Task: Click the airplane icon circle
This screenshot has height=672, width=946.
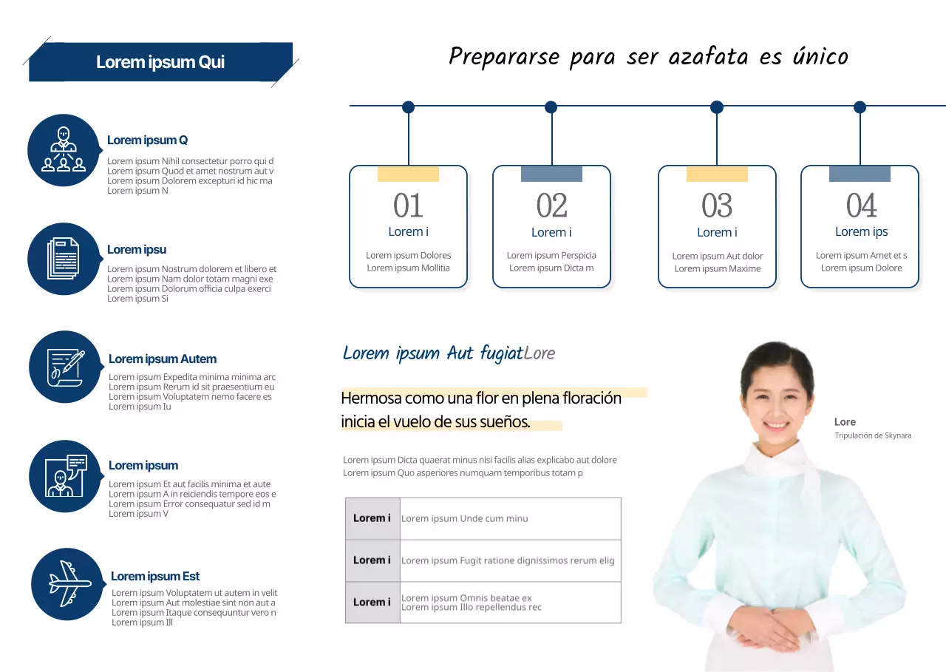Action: pos(67,584)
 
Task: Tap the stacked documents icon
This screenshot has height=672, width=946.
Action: pos(64,259)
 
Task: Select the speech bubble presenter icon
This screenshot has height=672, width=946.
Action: pos(66,475)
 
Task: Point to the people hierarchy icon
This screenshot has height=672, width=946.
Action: pos(64,149)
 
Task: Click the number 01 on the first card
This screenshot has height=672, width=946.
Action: pos(408,206)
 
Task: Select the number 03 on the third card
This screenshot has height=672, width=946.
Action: pos(717,206)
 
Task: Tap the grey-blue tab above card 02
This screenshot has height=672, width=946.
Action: pos(551,174)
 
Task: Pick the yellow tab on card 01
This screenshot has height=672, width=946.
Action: pos(408,174)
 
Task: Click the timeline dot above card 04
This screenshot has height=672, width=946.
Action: pos(860,107)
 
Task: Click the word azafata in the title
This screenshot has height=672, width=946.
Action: pos(708,57)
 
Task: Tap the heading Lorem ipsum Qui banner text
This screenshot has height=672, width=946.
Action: pos(160,62)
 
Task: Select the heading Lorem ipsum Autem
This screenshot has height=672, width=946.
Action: pos(163,359)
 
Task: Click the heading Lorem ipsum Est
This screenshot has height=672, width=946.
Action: pos(155,576)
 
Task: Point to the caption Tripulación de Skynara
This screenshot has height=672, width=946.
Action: pos(873,435)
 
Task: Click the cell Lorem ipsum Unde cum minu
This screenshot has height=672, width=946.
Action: pos(465,518)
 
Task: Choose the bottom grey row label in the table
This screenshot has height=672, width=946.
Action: pos(372,603)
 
